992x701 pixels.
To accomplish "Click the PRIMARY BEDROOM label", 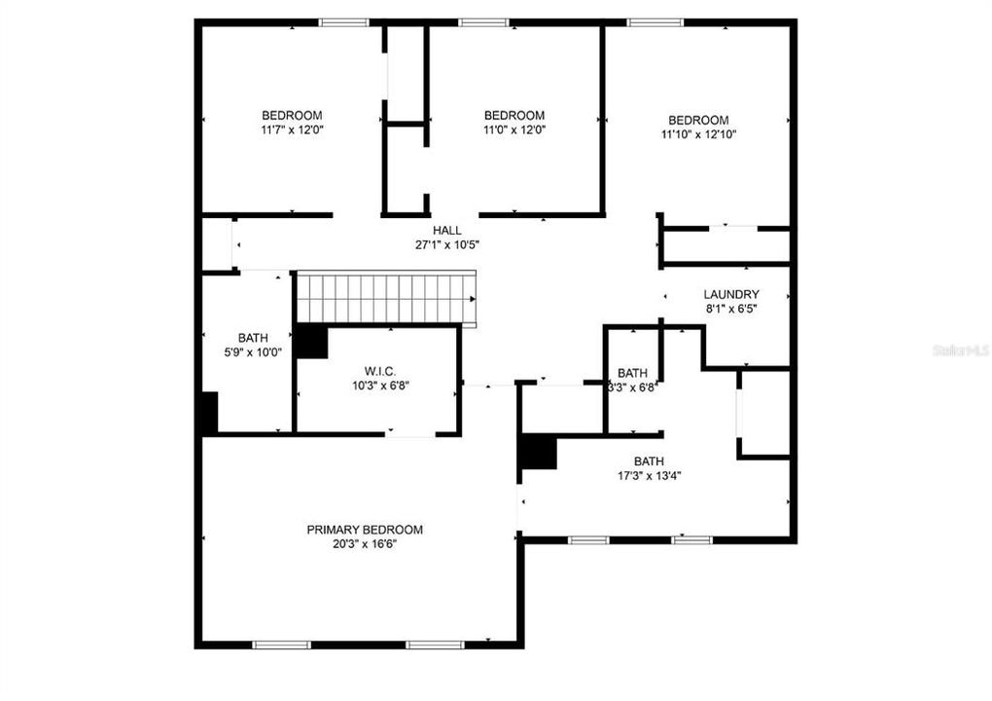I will tap(365, 530).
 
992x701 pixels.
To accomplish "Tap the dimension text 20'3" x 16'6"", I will tap(365, 544).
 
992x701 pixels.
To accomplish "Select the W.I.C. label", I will tap(378, 371).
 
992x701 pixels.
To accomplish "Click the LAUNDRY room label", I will tap(731, 294).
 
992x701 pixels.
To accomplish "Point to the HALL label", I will tap(447, 230).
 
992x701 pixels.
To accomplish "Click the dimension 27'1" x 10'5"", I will tap(447, 244).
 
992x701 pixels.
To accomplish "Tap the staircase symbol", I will tap(386, 298).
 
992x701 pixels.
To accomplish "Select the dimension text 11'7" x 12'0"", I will tap(292, 129).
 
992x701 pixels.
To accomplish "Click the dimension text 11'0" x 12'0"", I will tap(514, 129).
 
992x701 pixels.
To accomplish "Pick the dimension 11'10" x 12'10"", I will tap(698, 134).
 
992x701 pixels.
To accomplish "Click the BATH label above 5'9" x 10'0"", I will tap(253, 338).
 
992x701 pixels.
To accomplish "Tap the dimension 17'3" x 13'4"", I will tap(650, 476).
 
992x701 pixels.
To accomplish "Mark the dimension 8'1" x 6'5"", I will tap(731, 309).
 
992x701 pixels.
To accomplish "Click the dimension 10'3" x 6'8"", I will tap(378, 386).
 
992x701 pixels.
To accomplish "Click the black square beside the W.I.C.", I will tap(311, 342).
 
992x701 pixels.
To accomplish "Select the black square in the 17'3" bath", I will tap(538, 453).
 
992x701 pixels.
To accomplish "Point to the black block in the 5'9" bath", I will tap(208, 413).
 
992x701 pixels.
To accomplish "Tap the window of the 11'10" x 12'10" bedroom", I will tap(654, 21).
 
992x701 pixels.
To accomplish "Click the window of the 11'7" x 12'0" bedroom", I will tap(344, 21).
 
